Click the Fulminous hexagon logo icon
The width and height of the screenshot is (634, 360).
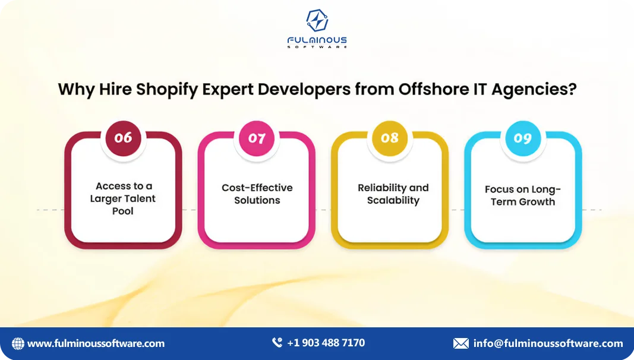pyautogui.click(x=317, y=21)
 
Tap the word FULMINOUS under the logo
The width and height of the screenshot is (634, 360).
pyautogui.click(x=317, y=40)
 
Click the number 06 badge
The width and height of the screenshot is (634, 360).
pyautogui.click(x=123, y=138)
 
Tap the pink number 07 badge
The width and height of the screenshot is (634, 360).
pyautogui.click(x=257, y=138)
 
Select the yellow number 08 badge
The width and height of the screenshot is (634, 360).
pyautogui.click(x=390, y=138)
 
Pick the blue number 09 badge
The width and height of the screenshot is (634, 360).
pyautogui.click(x=523, y=138)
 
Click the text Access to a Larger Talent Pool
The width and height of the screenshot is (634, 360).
pyautogui.click(x=123, y=198)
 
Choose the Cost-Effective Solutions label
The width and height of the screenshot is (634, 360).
pyautogui.click(x=257, y=194)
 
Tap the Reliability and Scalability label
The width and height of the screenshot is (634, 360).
pyautogui.click(x=393, y=194)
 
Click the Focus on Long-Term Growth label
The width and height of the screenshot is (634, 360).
pyautogui.click(x=523, y=195)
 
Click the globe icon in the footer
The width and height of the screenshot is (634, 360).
pyautogui.click(x=18, y=343)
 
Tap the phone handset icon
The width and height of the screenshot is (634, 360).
pyautogui.click(x=277, y=343)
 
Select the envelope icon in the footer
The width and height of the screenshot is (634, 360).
pyautogui.click(x=460, y=343)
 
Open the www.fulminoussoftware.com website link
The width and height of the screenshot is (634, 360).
pyautogui.click(x=96, y=343)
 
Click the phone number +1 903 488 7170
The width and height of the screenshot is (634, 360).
pyautogui.click(x=326, y=343)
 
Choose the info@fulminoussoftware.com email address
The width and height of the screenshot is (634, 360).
pyautogui.click(x=548, y=343)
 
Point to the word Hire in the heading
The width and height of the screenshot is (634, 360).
pyautogui.click(x=112, y=90)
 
